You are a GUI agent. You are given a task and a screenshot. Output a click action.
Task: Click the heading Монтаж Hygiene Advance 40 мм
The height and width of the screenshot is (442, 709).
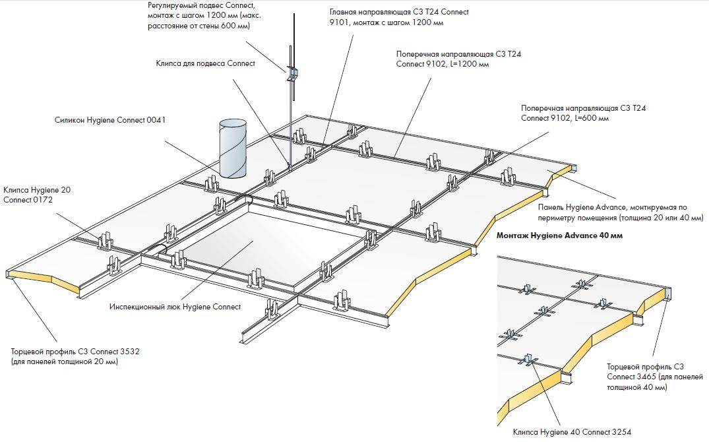click(x=559, y=236)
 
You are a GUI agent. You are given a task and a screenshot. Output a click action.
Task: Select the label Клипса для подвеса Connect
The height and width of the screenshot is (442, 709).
click(x=205, y=64)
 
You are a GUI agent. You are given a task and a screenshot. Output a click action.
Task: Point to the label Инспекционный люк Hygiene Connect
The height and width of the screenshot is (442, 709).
click(x=175, y=307)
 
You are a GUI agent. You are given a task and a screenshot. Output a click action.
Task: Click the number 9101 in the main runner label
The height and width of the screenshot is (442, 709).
click(x=340, y=22)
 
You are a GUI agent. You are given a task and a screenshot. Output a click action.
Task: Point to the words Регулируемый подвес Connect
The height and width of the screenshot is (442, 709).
click(x=200, y=5)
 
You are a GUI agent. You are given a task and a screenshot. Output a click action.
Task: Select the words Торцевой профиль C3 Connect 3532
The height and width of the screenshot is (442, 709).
click(x=75, y=352)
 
